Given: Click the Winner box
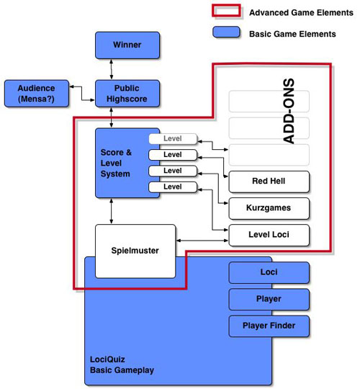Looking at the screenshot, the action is pyautogui.click(x=127, y=45).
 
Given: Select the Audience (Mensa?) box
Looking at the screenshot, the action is pyautogui.click(x=37, y=94).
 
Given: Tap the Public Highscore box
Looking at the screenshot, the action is pyautogui.click(x=127, y=94).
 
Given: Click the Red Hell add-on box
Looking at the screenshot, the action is pyautogui.click(x=269, y=182).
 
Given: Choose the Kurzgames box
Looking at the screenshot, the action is pyautogui.click(x=269, y=208).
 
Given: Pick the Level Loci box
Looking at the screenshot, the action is pyautogui.click(x=269, y=235).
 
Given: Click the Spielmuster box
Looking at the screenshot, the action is pyautogui.click(x=135, y=251).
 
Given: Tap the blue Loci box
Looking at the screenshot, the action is pyautogui.click(x=269, y=272).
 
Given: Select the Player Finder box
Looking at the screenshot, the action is pyautogui.click(x=269, y=326).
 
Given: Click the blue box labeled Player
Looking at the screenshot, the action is pyautogui.click(x=269, y=300).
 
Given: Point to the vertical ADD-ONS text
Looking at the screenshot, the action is pyautogui.click(x=289, y=111).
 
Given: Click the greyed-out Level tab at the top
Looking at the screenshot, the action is pyautogui.click(x=173, y=139).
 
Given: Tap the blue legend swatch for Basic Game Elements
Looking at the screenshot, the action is pyautogui.click(x=226, y=32).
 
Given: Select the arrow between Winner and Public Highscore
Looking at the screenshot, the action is pyautogui.click(x=112, y=69).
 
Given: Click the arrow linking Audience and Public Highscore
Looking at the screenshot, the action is pyautogui.click(x=82, y=94).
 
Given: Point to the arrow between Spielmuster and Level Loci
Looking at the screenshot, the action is pyautogui.click(x=202, y=241).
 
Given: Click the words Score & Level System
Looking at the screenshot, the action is pyautogui.click(x=116, y=163).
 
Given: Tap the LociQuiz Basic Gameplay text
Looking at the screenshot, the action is pyautogui.click(x=122, y=365).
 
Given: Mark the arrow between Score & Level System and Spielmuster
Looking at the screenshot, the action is pyautogui.click(x=112, y=211).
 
